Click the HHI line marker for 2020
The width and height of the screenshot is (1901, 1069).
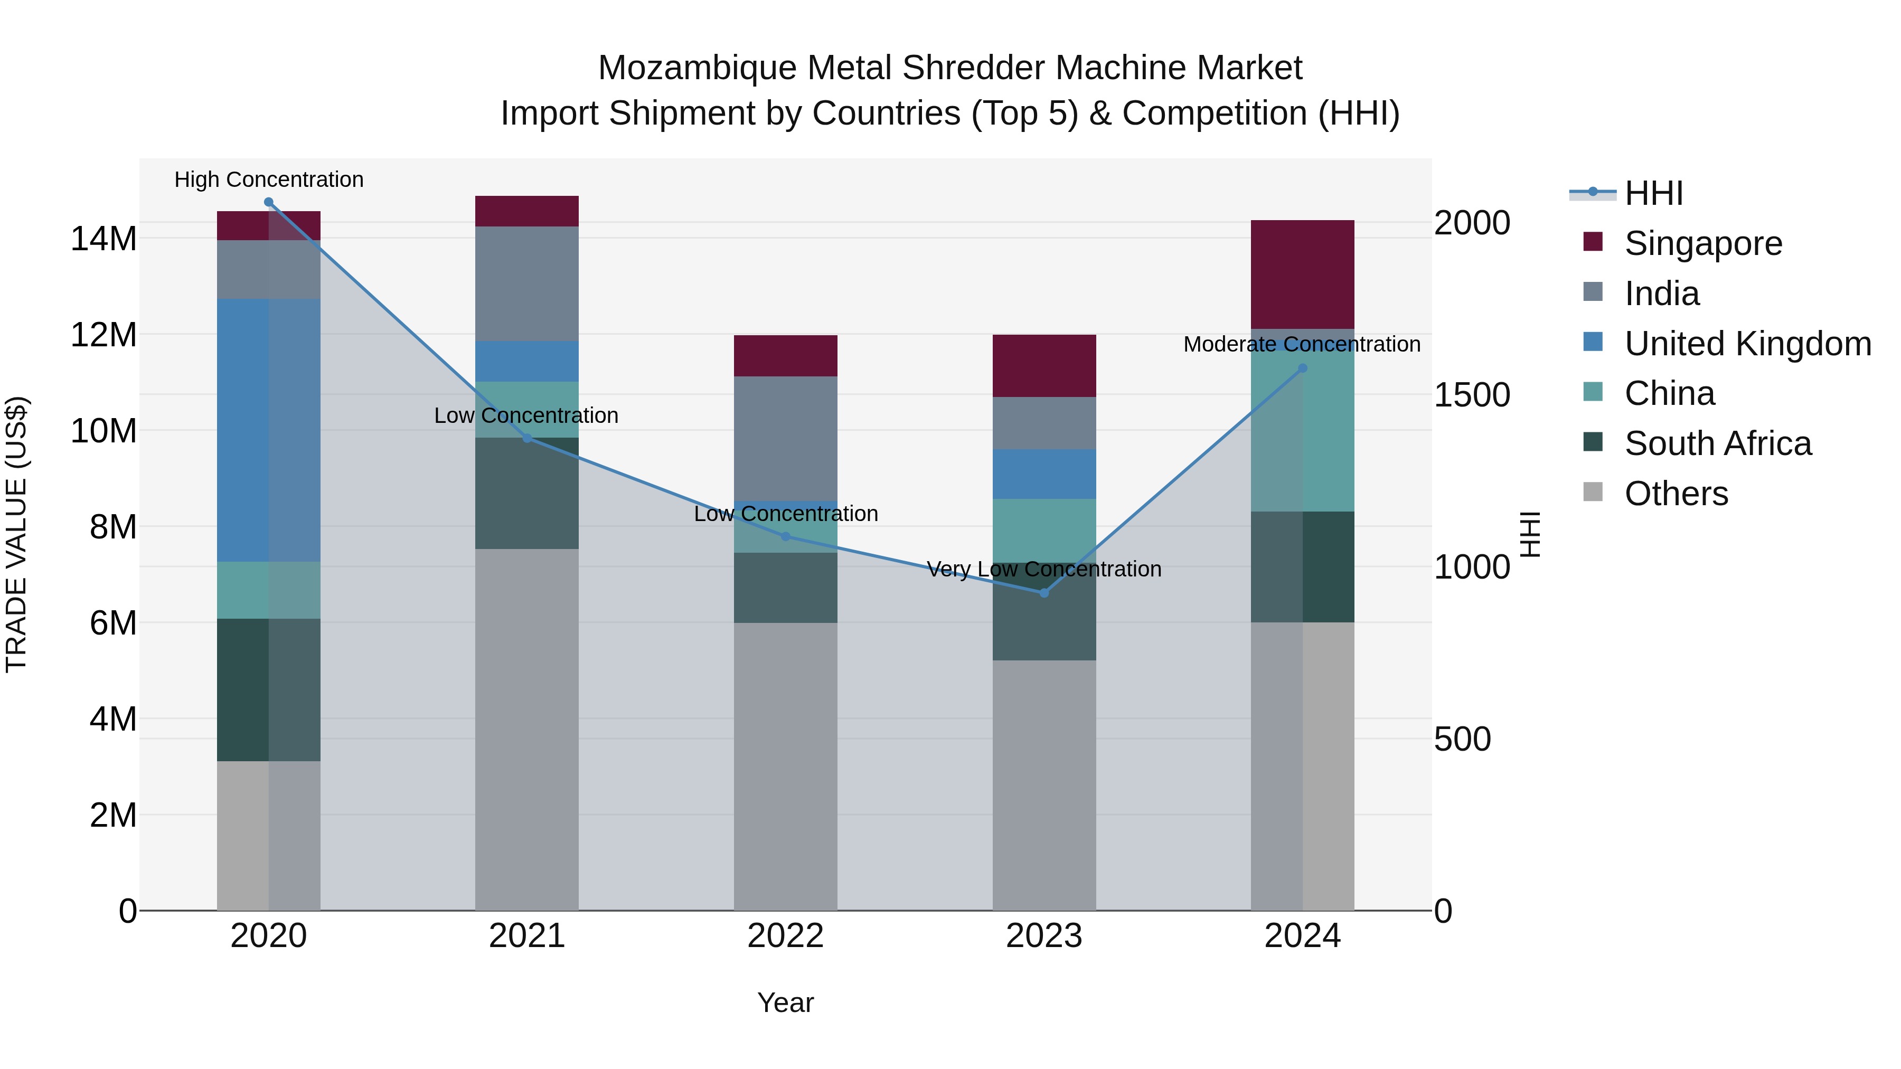pos(269,202)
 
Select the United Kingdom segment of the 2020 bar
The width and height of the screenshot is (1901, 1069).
pos(269,430)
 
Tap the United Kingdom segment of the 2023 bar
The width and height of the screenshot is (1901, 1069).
pos(1044,474)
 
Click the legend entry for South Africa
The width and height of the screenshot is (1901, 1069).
pos(1717,443)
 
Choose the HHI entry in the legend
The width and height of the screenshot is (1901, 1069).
pos(1653,193)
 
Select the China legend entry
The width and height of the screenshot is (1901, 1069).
pos(1669,393)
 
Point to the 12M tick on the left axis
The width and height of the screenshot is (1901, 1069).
pos(103,335)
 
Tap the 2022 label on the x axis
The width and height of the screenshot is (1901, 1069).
pos(785,936)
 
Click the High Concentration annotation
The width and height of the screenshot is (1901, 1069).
pos(269,179)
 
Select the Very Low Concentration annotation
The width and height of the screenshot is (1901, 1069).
pos(1044,569)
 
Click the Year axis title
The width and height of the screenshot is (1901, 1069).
pos(785,1002)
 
